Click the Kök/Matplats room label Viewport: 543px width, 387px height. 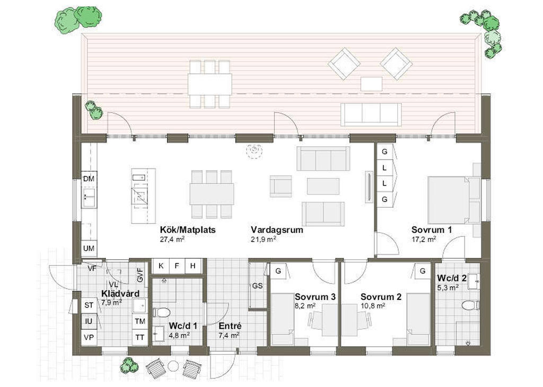pos(188,230)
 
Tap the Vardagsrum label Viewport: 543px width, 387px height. pos(277,230)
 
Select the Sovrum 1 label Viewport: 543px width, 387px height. pos(432,230)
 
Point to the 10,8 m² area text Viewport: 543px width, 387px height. pos(373,306)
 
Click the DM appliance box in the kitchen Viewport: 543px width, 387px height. pos(89,179)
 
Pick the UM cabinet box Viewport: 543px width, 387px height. pos(89,248)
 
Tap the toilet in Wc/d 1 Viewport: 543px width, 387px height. pos(161,312)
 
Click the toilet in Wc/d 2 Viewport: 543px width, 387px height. pos(471,306)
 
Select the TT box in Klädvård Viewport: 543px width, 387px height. pos(140,337)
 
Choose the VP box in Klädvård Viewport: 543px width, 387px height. pos(89,337)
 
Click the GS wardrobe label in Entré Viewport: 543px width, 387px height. pos(257,286)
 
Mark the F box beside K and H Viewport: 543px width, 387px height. pos(177,266)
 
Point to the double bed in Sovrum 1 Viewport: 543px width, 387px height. pos(454,200)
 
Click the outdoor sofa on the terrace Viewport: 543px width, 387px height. pos(371,114)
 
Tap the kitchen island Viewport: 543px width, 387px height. pos(143,196)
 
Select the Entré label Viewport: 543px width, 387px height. pos(230,326)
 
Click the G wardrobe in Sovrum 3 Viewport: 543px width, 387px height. pos(278,271)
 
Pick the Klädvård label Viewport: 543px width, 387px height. pos(120,294)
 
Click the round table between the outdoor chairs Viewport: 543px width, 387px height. pos(173,366)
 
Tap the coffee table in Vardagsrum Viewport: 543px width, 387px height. pos(323,186)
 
